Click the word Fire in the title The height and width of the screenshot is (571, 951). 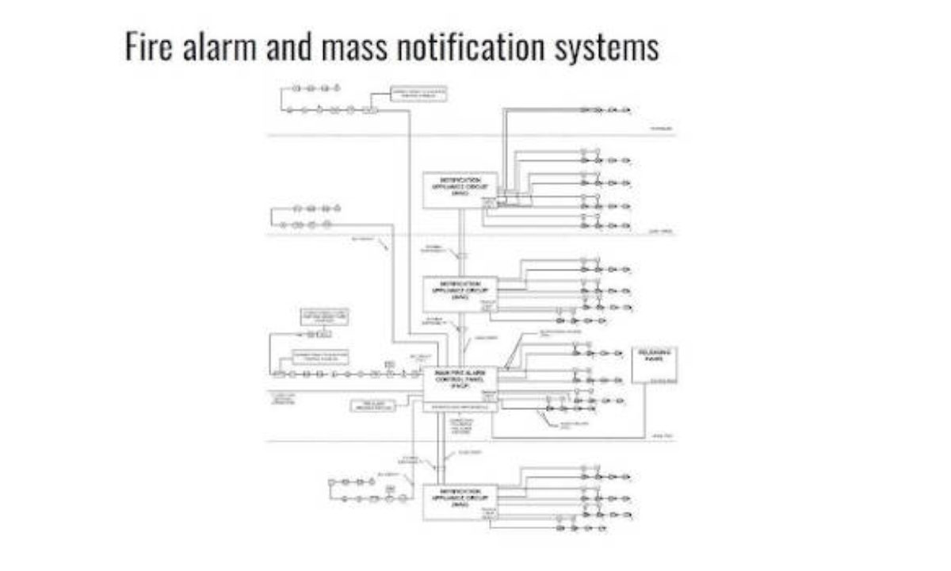coord(148,48)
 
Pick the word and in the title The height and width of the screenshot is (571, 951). coord(282,48)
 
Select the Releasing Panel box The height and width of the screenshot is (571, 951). coord(655,365)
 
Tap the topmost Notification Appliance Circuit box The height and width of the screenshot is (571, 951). coord(460,190)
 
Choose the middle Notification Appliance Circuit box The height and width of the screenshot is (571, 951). coord(460,293)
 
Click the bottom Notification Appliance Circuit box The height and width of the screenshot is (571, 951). coord(460,502)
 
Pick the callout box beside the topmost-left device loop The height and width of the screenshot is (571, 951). coord(419,95)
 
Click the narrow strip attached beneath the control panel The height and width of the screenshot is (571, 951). coord(460,407)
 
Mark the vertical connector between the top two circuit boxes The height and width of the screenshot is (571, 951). coord(460,242)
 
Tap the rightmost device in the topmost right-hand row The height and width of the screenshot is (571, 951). coord(626,109)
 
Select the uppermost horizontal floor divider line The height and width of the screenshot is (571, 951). coord(472,136)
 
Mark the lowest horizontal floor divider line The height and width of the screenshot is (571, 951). coord(472,441)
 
